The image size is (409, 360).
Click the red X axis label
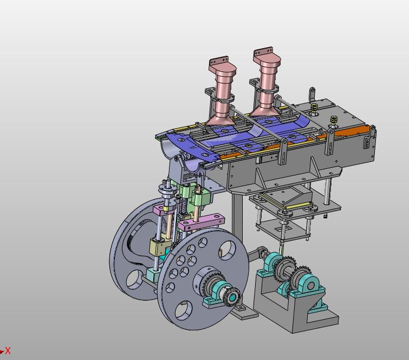pos(8,351)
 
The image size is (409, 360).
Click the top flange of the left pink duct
pos(219,61)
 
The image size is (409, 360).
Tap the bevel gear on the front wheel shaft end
pos(232,296)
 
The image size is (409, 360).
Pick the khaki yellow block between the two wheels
pos(158,247)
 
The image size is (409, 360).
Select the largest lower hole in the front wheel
pos(184,310)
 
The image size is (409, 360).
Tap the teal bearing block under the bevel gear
pos(218,300)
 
